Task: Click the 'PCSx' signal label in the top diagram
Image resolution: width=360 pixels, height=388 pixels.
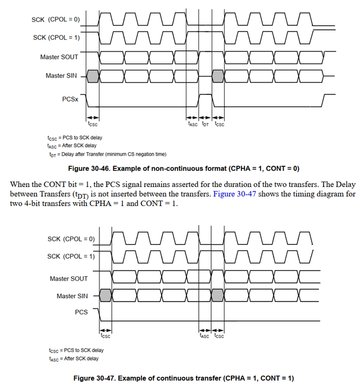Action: (x=70, y=99)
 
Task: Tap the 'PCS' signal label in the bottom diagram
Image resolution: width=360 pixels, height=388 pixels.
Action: (x=81, y=312)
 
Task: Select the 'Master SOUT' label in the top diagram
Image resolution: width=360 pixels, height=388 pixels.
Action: (x=59, y=57)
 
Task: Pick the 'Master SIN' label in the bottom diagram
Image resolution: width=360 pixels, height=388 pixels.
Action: (x=72, y=296)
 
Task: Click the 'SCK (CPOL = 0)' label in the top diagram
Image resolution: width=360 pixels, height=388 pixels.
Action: (x=56, y=20)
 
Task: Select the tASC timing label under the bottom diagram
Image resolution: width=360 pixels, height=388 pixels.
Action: (x=204, y=336)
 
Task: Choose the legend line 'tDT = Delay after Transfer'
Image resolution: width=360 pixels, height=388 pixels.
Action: (x=107, y=154)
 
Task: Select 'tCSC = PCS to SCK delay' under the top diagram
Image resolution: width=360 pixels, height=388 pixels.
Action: (x=75, y=138)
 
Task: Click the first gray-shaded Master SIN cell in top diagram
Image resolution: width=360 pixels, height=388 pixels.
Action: (x=93, y=75)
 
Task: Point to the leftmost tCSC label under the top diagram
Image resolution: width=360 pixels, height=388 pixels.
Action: (x=93, y=124)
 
